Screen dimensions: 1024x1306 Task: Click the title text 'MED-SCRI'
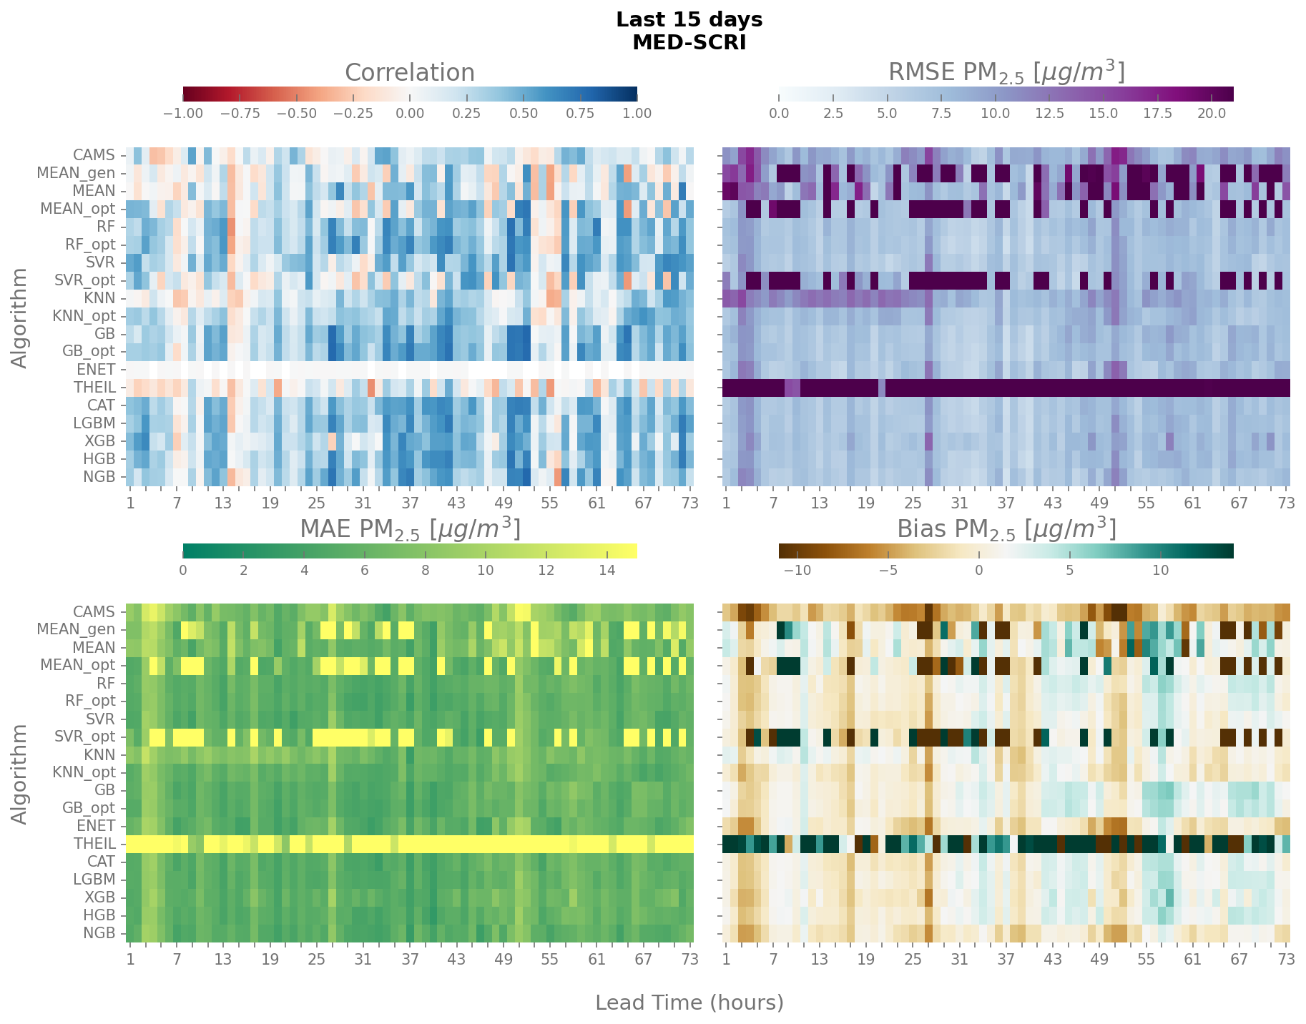point(689,43)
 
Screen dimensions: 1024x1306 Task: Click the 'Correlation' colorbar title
point(409,73)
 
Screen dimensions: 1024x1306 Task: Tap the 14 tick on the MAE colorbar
point(607,570)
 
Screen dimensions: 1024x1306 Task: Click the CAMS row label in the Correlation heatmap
point(94,155)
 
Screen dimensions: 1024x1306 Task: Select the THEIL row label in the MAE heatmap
point(94,844)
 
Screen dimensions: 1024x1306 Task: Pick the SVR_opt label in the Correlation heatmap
point(84,280)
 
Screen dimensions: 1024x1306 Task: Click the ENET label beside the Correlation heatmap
point(96,370)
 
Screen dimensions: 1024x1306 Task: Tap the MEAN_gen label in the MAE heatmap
point(76,630)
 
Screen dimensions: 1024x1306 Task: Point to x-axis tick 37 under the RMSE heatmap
point(1006,503)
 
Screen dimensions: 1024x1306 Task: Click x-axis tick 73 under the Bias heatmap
point(1286,960)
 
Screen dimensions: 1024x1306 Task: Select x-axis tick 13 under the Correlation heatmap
point(222,503)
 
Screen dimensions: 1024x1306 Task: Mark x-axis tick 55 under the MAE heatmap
point(549,960)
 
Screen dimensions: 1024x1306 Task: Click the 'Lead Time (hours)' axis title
point(689,1003)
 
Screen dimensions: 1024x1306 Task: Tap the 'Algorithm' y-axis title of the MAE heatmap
point(20,774)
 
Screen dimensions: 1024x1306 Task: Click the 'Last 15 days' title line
point(689,20)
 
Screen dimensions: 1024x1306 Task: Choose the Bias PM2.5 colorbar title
point(1006,529)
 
